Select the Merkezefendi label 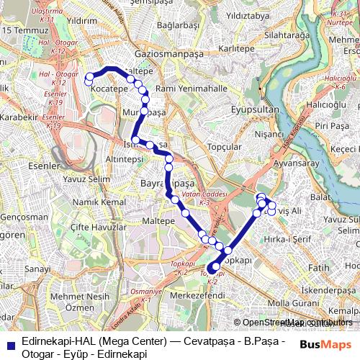[x=198, y=294]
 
